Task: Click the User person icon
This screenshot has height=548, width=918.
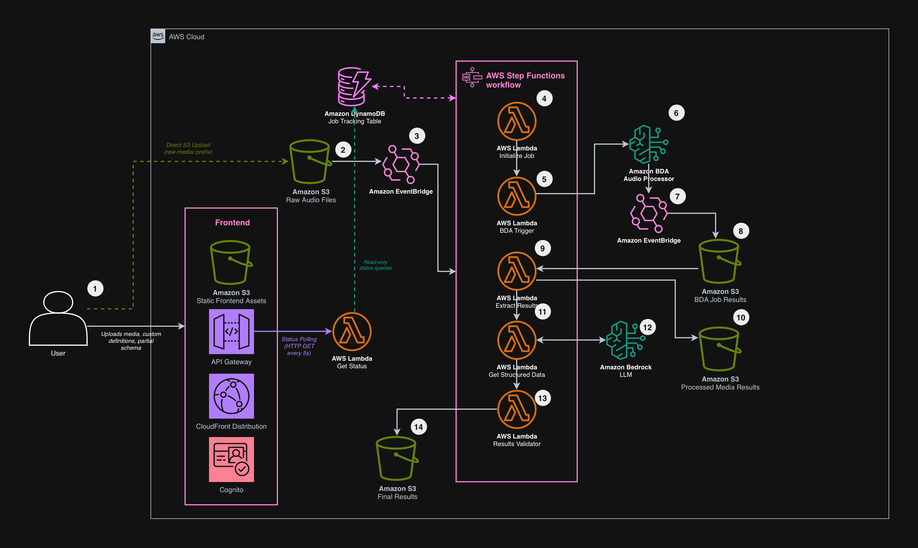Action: tap(58, 318)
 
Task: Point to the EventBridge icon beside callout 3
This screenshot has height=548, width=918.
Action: tap(401, 164)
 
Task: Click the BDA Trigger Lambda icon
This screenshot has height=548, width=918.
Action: tap(516, 196)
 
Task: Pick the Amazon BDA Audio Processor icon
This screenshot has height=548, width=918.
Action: tap(649, 144)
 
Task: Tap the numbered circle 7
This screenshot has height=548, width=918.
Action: tap(678, 196)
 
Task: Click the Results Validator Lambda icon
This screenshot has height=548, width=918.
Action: tap(516, 409)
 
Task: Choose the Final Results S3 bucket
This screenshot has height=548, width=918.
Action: tap(397, 458)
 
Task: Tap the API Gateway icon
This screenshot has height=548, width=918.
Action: tap(231, 332)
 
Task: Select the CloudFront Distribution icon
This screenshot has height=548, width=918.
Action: tap(231, 396)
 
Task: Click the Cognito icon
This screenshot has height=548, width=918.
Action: tap(231, 459)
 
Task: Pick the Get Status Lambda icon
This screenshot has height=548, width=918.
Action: tap(352, 332)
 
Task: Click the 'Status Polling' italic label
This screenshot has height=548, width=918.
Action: tap(299, 339)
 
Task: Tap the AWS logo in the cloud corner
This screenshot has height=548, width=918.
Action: tap(158, 36)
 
